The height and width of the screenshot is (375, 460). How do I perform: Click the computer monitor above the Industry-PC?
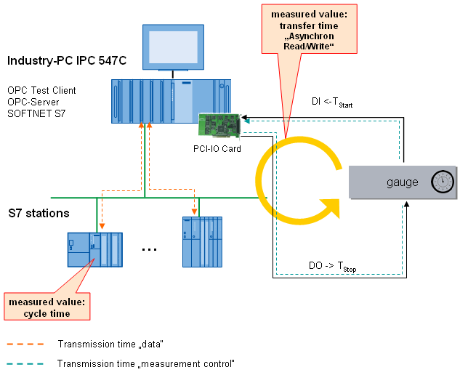169,49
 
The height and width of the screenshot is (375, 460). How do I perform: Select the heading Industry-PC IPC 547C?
67,61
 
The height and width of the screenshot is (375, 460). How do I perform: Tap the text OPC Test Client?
41,90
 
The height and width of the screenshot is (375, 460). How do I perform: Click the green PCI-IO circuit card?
219,125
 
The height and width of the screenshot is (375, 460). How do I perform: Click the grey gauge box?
403,182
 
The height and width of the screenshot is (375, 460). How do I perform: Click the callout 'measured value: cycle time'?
47,307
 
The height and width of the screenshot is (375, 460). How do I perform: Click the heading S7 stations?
39,214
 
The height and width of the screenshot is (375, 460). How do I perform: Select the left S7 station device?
94,251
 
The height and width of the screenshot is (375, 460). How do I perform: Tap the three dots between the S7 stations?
150,249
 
